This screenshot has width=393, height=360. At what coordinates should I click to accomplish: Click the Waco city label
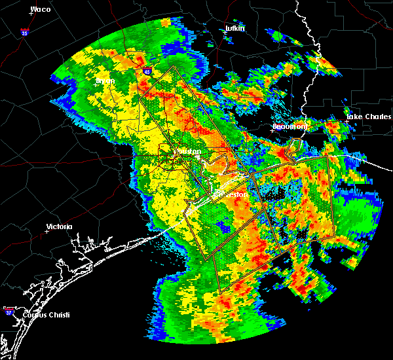(41, 10)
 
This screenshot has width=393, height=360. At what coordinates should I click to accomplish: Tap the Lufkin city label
(234, 28)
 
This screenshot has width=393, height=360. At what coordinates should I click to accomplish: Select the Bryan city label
(105, 81)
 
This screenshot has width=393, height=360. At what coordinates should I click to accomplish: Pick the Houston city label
(190, 152)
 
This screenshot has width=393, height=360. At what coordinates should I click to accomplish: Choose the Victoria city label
(60, 226)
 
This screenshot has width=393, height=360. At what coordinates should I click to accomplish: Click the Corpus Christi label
(45, 315)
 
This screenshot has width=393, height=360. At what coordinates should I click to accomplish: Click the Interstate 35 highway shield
(25, 31)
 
